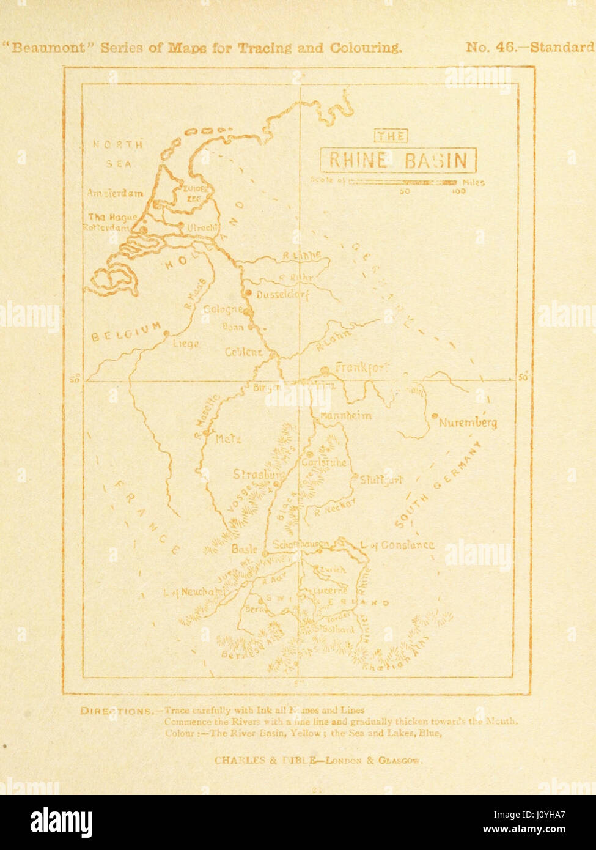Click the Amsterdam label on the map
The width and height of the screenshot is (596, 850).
(115, 193)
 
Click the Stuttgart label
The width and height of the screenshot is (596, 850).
(381, 480)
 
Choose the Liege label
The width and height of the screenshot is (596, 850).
(186, 344)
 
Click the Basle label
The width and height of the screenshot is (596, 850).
(245, 549)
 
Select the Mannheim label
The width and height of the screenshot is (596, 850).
(345, 416)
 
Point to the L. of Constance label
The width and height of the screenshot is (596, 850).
(398, 544)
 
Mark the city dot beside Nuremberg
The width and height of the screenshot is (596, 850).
(434, 416)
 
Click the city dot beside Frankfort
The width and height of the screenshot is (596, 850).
(325, 369)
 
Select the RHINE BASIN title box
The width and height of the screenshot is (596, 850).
(398, 160)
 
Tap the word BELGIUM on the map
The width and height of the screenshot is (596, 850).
(127, 331)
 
